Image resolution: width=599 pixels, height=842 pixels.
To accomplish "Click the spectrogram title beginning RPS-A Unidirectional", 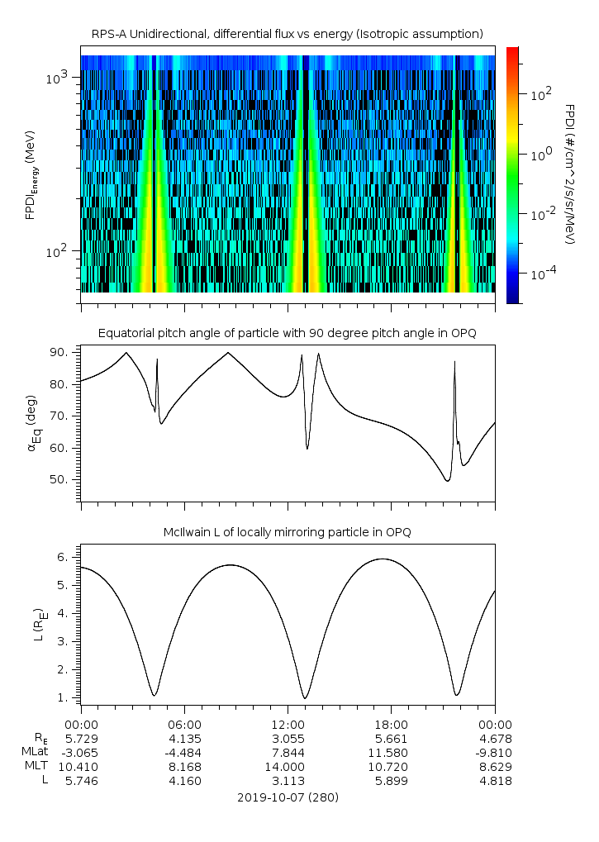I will tap(288, 33).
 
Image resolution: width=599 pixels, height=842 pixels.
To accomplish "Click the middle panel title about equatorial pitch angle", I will tap(288, 333).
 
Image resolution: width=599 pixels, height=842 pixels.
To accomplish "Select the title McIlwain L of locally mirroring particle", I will tap(288, 532).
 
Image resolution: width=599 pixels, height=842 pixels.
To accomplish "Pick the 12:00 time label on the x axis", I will tap(288, 723).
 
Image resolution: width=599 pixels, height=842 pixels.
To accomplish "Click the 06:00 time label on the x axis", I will tap(184, 723).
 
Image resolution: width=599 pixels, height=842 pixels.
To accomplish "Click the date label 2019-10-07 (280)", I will tap(288, 797).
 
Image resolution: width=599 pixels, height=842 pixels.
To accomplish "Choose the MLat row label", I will tap(36, 752).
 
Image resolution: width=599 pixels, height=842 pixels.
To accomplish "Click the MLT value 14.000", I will tap(288, 767).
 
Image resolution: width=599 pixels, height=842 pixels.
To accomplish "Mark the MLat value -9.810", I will tap(492, 752).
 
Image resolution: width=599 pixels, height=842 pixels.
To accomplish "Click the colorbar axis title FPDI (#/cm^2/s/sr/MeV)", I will tap(570, 174).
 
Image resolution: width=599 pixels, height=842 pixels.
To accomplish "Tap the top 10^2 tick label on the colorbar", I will tap(541, 95).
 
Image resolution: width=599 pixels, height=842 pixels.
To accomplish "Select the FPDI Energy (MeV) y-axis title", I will tap(31, 174).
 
